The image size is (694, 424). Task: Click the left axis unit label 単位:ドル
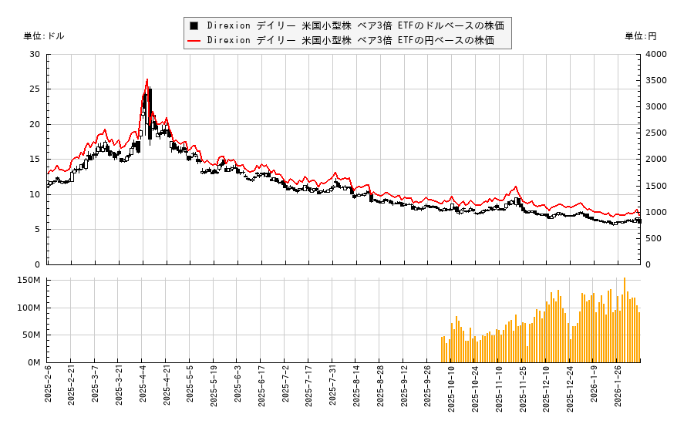click(x=44, y=36)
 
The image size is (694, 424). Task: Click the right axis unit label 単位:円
click(x=640, y=36)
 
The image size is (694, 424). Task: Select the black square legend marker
click(x=194, y=25)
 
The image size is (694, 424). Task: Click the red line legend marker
click(x=194, y=40)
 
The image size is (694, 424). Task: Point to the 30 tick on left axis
click(x=35, y=54)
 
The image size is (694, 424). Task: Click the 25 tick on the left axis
click(x=35, y=89)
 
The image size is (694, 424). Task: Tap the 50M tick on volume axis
click(x=31, y=335)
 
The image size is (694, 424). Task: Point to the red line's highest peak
click(x=147, y=79)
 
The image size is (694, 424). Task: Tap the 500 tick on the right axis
click(x=652, y=238)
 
